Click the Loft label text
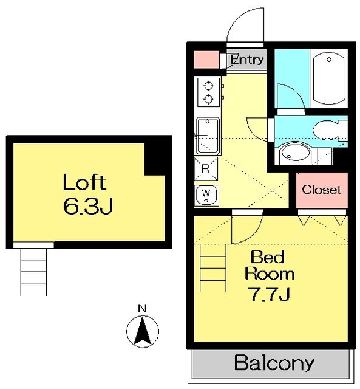click(x=84, y=182)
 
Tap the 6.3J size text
click(x=88, y=207)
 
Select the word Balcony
click(x=274, y=363)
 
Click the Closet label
click(x=321, y=190)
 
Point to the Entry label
click(x=246, y=60)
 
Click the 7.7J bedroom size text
click(x=270, y=294)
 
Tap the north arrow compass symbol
click(x=143, y=331)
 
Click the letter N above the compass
click(x=142, y=308)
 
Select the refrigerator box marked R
click(x=206, y=169)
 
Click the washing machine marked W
click(x=206, y=195)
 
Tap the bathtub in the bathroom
click(x=329, y=78)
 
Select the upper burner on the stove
click(x=208, y=86)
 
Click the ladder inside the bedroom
click(x=213, y=268)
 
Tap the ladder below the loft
click(x=33, y=272)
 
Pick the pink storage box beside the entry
click(x=206, y=60)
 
